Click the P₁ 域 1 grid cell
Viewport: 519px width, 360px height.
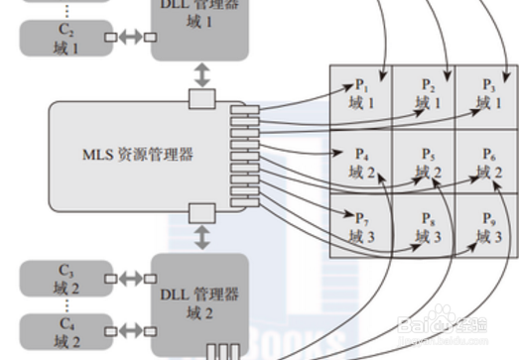pos(361,93)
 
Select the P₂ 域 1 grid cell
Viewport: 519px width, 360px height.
pos(425,93)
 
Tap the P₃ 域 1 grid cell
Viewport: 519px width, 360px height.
pos(486,93)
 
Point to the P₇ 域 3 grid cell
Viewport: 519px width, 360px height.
pos(361,226)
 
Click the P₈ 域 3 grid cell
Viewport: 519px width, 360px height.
pos(425,226)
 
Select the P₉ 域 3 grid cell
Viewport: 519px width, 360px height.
pos(486,226)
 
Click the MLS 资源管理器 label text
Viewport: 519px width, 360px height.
pos(138,155)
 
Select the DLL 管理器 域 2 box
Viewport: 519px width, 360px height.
pos(199,302)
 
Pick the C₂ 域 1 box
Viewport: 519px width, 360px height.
pos(66,38)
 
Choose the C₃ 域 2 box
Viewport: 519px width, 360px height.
pos(66,279)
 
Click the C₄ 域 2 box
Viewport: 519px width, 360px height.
pos(66,332)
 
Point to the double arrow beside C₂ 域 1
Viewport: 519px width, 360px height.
pos(130,39)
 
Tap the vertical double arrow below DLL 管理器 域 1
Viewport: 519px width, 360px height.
pos(202,74)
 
